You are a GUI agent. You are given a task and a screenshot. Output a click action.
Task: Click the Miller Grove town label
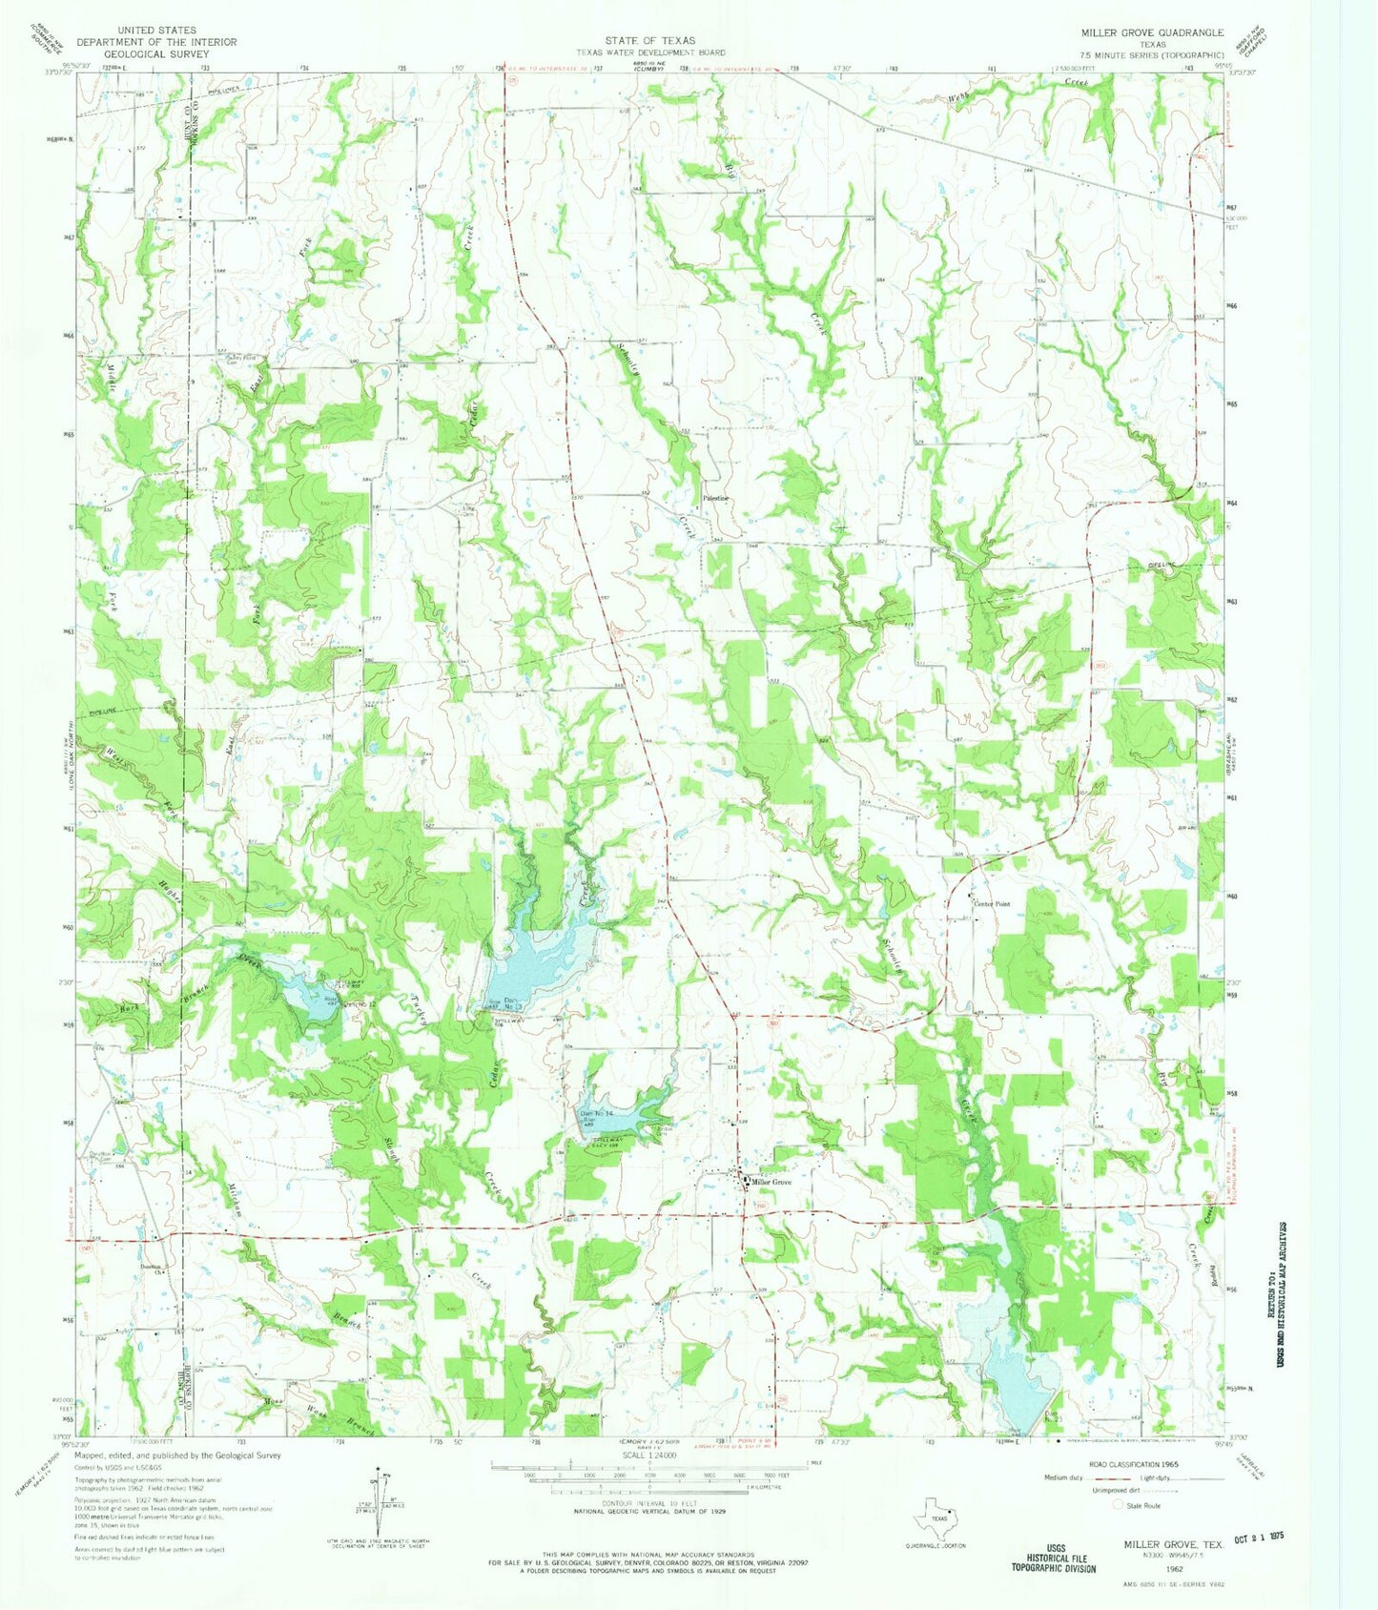click(771, 1182)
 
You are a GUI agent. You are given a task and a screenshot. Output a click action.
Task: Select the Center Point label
click(991, 903)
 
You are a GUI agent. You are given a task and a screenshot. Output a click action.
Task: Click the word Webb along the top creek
click(968, 95)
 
